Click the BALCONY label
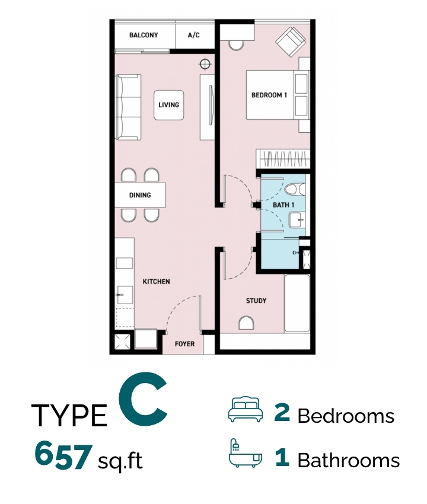click(144, 35)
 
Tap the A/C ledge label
click(193, 35)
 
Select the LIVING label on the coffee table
click(169, 105)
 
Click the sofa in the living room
click(128, 107)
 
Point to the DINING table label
click(140, 195)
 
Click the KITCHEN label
click(156, 282)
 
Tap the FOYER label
click(184, 344)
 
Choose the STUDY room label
click(256, 301)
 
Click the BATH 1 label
click(283, 205)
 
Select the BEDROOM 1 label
click(269, 95)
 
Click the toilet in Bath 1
click(295, 189)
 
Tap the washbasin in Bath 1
click(296, 220)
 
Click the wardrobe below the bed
click(283, 158)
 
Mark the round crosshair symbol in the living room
click(205, 64)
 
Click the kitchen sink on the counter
click(125, 295)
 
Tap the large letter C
click(143, 398)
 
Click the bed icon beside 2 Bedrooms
click(245, 409)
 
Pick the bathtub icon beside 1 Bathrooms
click(245, 453)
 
